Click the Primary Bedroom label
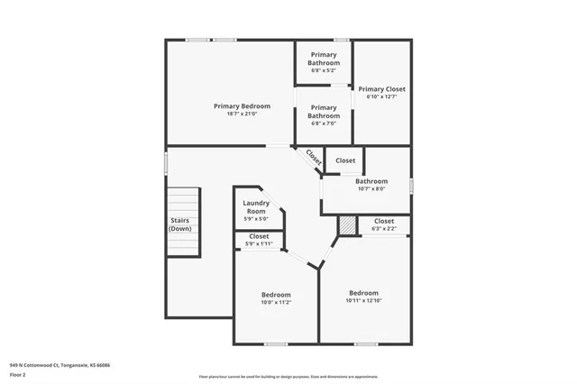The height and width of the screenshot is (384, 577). tap(242, 106)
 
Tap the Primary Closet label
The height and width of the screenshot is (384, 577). tap(381, 89)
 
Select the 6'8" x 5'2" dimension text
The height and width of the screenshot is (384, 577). tap(324, 70)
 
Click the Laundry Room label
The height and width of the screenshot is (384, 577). tap(256, 207)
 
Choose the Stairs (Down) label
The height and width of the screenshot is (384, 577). tap(180, 224)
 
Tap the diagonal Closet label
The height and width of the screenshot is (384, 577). tap(313, 156)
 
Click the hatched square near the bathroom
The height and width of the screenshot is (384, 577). tap(348, 225)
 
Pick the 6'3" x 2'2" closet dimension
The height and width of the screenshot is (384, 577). tap(384, 229)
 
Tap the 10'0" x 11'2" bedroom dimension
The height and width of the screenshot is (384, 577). tap(276, 303)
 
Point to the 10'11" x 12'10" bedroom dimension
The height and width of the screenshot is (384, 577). tap(363, 300)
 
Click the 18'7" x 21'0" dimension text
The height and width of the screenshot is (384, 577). tap(242, 114)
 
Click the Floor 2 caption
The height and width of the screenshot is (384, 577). tap(18, 374)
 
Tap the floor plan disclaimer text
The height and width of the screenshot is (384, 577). tap(288, 377)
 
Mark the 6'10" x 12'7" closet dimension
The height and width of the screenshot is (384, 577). tap(381, 97)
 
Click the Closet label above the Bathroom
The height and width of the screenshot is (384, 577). tap(345, 160)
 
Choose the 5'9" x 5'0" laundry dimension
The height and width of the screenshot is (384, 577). tap(256, 219)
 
